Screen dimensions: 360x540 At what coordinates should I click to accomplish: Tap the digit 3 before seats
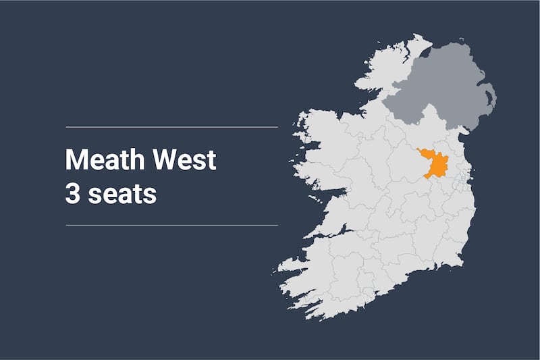point(72,193)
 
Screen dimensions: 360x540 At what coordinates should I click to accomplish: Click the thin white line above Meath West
point(171,126)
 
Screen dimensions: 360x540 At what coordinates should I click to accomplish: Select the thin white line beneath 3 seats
point(171,225)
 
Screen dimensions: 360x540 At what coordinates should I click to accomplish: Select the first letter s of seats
point(92,194)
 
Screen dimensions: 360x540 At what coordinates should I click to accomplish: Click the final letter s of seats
point(150,194)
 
